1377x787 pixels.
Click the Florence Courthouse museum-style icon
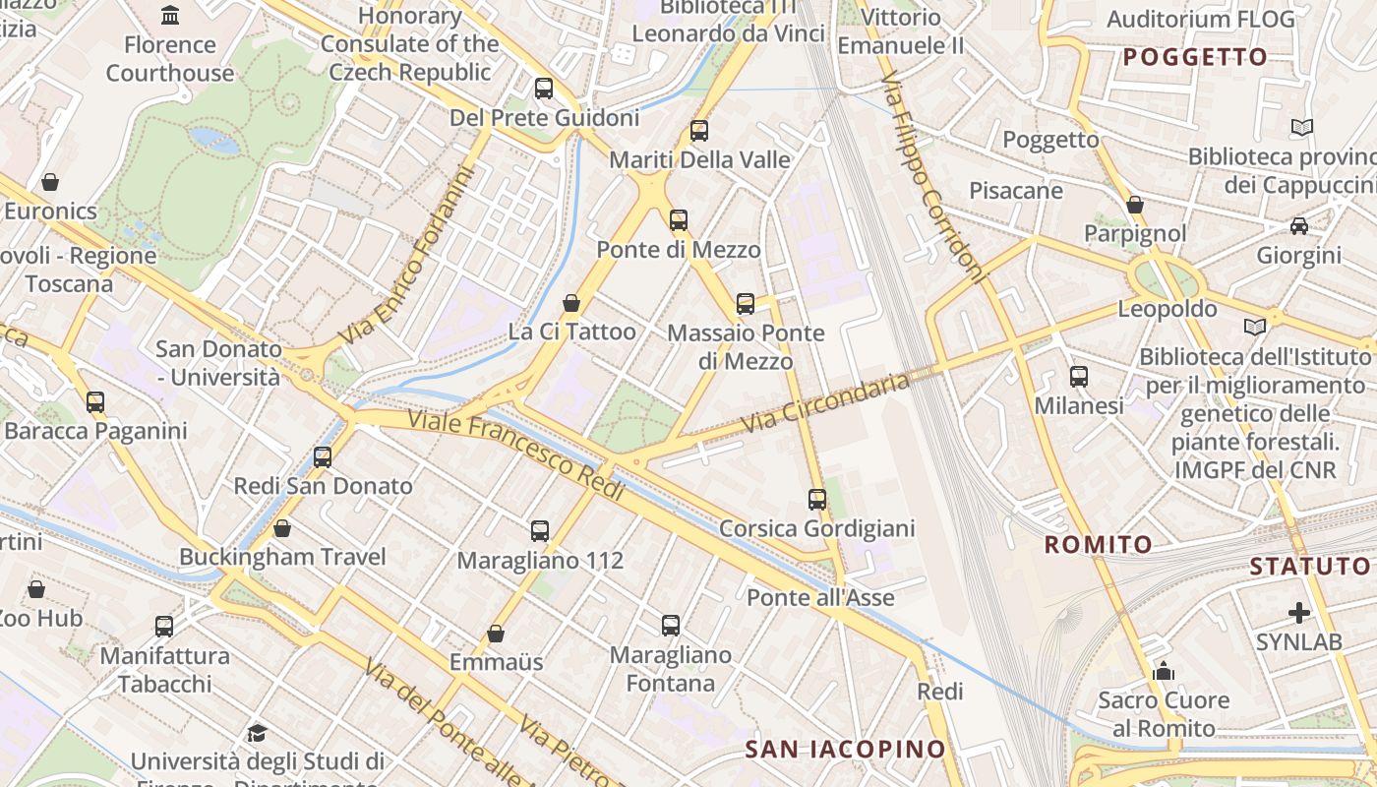pyautogui.click(x=170, y=15)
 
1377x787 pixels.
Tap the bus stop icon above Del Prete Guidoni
pyautogui.click(x=543, y=89)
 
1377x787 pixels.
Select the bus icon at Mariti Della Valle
pyautogui.click(x=699, y=131)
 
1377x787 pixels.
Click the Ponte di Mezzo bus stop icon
pyautogui.click(x=679, y=220)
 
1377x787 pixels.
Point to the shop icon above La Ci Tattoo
pyautogui.click(x=570, y=303)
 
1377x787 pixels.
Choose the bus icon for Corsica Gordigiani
pyautogui.click(x=817, y=500)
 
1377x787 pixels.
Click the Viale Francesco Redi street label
pyautogui.click(x=516, y=455)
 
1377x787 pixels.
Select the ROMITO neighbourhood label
pyautogui.click(x=1098, y=544)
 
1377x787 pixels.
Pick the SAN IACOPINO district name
pyautogui.click(x=845, y=749)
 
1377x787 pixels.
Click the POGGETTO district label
pyautogui.click(x=1195, y=57)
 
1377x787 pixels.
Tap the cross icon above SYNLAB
pyautogui.click(x=1299, y=613)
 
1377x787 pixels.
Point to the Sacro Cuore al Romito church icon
pyautogui.click(x=1164, y=672)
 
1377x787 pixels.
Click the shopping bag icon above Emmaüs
pyautogui.click(x=496, y=634)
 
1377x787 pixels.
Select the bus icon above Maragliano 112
pyautogui.click(x=540, y=531)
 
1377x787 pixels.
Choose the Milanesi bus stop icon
pyautogui.click(x=1079, y=377)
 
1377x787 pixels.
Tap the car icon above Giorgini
pyautogui.click(x=1299, y=226)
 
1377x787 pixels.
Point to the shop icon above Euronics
pyautogui.click(x=50, y=182)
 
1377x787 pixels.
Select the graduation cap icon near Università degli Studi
pyautogui.click(x=257, y=733)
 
